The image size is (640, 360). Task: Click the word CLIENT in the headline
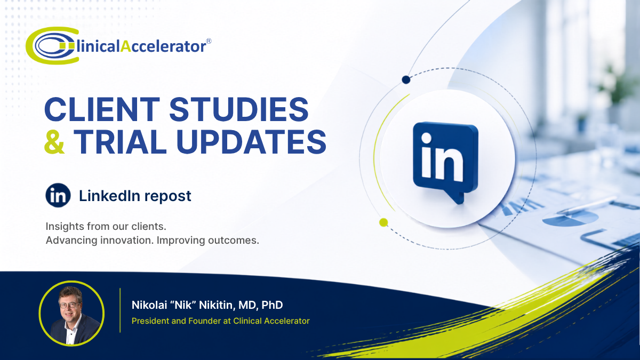(102, 109)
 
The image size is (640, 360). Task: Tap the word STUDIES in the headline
(239, 109)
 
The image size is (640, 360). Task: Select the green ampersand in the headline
(54, 141)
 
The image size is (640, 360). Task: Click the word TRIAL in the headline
(120, 141)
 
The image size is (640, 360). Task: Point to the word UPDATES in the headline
(251, 141)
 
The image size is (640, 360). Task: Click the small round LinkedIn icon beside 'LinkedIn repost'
(58, 195)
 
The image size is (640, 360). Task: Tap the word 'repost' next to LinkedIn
(167, 197)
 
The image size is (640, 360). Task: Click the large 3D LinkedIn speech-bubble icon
(445, 162)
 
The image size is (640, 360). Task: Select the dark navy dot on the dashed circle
(406, 79)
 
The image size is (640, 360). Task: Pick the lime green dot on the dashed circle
(383, 222)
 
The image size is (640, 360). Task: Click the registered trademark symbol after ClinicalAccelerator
(209, 41)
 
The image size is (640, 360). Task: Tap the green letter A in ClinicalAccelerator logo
(125, 46)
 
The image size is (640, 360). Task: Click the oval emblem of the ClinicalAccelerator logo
(52, 45)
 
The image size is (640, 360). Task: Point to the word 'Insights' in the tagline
(65, 226)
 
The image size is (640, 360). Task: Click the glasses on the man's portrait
(69, 305)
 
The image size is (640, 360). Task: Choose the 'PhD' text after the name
(272, 305)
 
